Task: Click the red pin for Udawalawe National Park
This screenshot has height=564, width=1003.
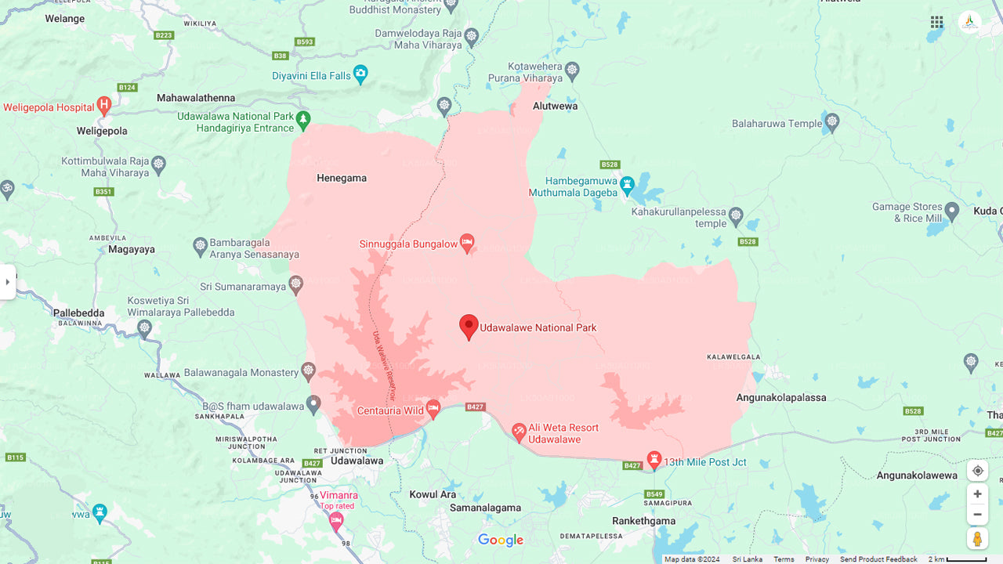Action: pyautogui.click(x=469, y=326)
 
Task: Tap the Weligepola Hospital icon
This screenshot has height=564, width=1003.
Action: pyautogui.click(x=104, y=106)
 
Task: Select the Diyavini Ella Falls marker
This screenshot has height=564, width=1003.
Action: pyautogui.click(x=360, y=74)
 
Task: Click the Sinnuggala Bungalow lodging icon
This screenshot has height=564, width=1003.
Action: pyautogui.click(x=467, y=243)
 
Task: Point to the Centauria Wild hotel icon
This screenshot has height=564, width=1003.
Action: pyautogui.click(x=433, y=409)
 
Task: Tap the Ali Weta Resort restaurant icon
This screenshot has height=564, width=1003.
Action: pyautogui.click(x=519, y=432)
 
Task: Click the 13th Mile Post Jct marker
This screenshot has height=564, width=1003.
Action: pyautogui.click(x=654, y=460)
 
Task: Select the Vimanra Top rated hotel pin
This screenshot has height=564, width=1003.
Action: pyautogui.click(x=336, y=520)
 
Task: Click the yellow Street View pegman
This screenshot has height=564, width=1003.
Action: pyautogui.click(x=977, y=539)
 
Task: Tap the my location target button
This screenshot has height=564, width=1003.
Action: pyautogui.click(x=977, y=471)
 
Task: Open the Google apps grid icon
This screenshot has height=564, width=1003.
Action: pyautogui.click(x=936, y=22)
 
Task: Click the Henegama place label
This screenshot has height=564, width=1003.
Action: pyautogui.click(x=342, y=178)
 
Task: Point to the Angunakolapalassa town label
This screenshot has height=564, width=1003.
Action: pyautogui.click(x=781, y=397)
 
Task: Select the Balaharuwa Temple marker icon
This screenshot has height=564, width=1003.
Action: pyautogui.click(x=832, y=121)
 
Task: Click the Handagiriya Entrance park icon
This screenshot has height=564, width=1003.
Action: pyautogui.click(x=303, y=120)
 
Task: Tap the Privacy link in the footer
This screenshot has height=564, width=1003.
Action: pyautogui.click(x=817, y=559)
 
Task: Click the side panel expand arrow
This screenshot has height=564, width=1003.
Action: pyautogui.click(x=8, y=282)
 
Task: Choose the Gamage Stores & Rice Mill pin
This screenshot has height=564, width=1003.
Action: pyautogui.click(x=952, y=210)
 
